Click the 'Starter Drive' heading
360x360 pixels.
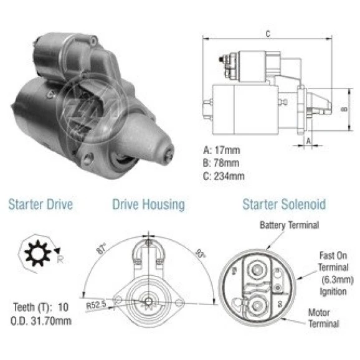pos(40,204)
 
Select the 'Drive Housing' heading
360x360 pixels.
pos(148,205)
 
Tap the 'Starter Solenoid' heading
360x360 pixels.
pos(284,204)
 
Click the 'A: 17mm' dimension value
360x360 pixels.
pos(222,150)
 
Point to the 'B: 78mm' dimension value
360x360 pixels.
pos(221,163)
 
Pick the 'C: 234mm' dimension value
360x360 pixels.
pos(224,176)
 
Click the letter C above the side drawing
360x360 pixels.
pos(268,34)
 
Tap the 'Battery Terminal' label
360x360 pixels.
pos(290,225)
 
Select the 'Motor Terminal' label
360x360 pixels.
pos(323,318)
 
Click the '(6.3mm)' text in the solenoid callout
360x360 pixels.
pos(338,280)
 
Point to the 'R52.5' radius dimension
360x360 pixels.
pos(96,305)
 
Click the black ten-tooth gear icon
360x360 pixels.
pos(37,253)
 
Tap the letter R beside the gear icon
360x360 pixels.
pos(60,260)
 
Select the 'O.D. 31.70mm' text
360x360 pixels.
pos(41,321)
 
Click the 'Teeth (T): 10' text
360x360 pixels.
pos(41,308)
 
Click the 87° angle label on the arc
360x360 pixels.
pos(102,249)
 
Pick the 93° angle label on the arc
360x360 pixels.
pos(201,253)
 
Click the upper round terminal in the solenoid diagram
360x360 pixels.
pos(257,270)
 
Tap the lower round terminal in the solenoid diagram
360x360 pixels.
pos(257,306)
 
